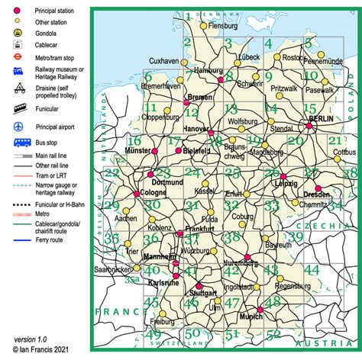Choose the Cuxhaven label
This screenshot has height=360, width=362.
[163, 60]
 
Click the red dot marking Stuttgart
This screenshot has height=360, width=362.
[200, 286]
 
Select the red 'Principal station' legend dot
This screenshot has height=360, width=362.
[17, 10]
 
